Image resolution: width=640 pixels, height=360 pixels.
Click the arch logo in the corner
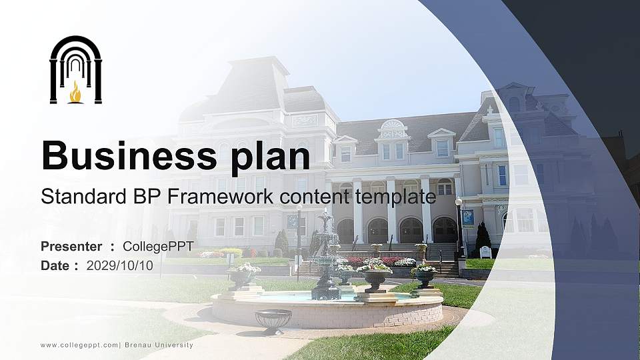(75, 69)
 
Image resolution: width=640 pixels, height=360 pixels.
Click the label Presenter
(71, 247)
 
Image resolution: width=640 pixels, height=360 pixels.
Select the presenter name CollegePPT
(158, 247)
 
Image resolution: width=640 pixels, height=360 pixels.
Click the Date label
(55, 265)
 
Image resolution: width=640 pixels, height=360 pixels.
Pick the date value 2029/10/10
(120, 265)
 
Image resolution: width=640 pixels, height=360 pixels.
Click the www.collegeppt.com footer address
(79, 345)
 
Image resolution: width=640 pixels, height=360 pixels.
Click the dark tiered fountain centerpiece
(326, 260)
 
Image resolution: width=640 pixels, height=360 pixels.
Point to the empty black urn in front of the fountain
(273, 320)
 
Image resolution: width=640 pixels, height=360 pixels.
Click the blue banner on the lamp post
(468, 217)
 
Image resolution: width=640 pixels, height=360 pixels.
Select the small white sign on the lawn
(485, 252)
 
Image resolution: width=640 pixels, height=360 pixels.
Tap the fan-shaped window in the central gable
(392, 125)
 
